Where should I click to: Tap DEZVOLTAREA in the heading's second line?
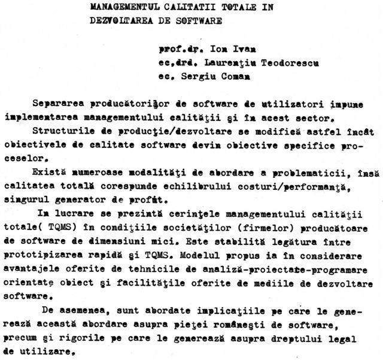point(115,20)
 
